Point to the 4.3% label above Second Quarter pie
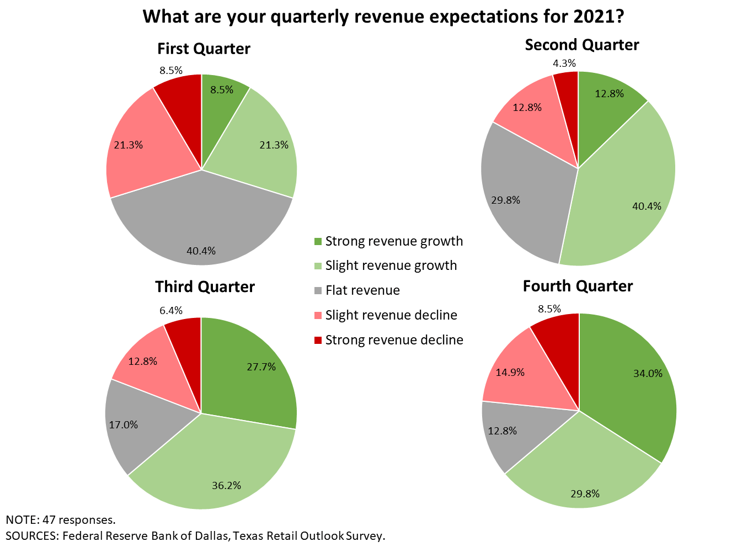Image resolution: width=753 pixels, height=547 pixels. pos(564,63)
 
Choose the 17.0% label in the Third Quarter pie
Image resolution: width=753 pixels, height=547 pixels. pos(124,425)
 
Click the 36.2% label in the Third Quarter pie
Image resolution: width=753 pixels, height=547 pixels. pos(226,486)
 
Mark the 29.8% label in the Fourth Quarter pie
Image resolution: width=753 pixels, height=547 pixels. pos(585,493)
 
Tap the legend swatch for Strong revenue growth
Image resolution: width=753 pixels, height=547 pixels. pos(317,241)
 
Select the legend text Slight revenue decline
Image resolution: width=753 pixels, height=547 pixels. pos(391,315)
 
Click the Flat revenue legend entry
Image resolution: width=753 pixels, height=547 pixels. pos(362,290)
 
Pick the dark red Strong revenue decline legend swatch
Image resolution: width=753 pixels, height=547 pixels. pos(317,340)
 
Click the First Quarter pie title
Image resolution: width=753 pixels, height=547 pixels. pos(204,49)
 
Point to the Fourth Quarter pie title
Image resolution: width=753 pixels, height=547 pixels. pos(578,286)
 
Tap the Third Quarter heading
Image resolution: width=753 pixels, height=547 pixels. pos(205,287)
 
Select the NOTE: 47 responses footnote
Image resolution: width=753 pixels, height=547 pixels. pos(61,520)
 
